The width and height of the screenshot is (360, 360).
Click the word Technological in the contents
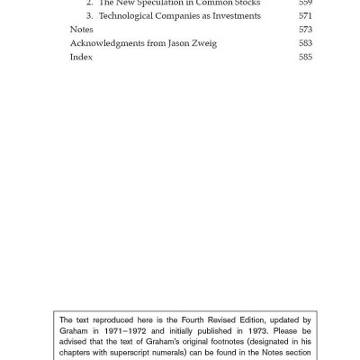point(128,16)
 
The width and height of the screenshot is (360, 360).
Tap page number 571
point(305,16)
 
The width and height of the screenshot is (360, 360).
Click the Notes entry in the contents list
point(81,30)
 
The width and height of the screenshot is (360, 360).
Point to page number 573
point(305,30)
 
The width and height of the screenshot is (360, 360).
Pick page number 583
point(305,43)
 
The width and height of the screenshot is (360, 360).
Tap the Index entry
point(81,57)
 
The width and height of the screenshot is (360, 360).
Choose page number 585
point(305,57)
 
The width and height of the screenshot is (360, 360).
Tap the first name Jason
point(175,43)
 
